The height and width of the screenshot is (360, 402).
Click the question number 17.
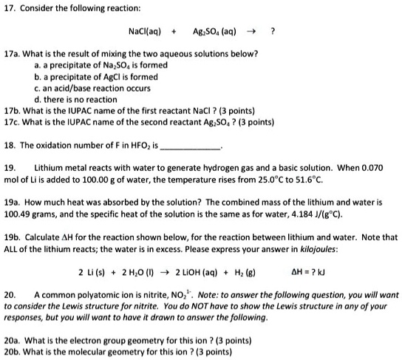point(10,7)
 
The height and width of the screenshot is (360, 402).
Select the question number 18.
point(10,143)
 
